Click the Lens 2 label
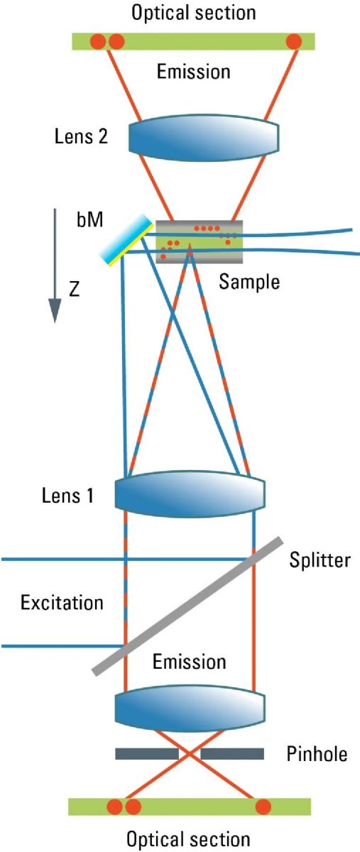tap(81, 136)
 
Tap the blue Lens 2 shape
tap(204, 137)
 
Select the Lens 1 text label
tap(67, 496)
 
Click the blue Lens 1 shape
tap(190, 494)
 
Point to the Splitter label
tap(320, 560)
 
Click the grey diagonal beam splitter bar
tap(188, 606)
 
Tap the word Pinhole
tap(317, 754)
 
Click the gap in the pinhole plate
tap(190, 754)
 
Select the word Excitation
tap(62, 603)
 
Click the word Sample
tap(249, 282)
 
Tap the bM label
tap(89, 219)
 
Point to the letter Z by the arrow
tap(75, 289)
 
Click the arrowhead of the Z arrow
tap(55, 310)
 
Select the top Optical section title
tap(194, 12)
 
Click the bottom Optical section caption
tap(188, 839)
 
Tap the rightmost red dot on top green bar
tap(294, 41)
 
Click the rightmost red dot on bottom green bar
tap(263, 807)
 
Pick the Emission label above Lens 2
tap(194, 72)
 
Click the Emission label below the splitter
tap(189, 662)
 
